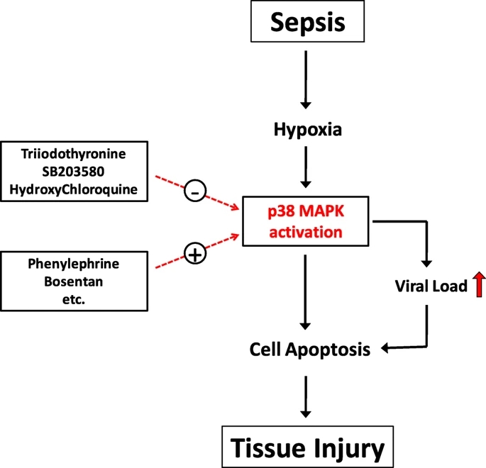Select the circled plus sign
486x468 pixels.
tap(196, 252)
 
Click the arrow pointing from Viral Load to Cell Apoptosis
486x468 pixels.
tap(419, 340)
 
